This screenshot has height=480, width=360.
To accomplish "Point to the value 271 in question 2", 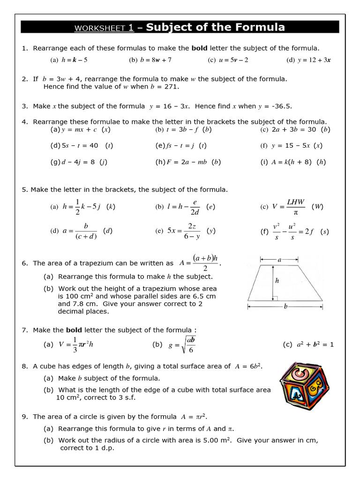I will coord(172,87).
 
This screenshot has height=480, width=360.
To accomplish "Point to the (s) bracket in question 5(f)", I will coord(324,232).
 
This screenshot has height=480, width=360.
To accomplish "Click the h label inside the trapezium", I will coord(277,281).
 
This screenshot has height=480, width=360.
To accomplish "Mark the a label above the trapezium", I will coord(279,259).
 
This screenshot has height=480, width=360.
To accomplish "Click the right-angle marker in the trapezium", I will coord(275,298).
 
